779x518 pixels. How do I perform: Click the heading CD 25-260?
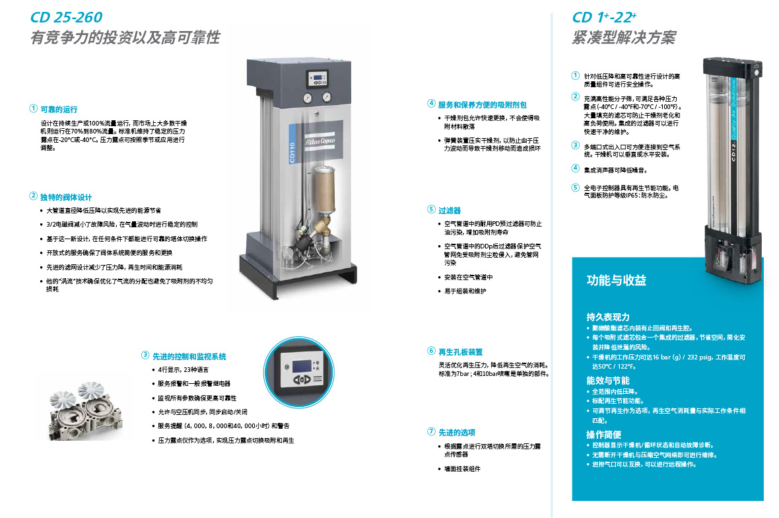66,17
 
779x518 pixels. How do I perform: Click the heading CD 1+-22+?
604,17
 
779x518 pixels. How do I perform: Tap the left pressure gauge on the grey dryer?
308,98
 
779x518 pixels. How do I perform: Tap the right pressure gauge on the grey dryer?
326,97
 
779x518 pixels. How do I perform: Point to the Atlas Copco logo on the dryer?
320,141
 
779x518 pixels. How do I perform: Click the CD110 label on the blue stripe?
292,152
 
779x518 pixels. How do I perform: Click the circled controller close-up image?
298,373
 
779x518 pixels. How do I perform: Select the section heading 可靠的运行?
59,110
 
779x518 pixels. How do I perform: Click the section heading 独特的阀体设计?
65,198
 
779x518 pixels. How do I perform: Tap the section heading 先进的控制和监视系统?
189,356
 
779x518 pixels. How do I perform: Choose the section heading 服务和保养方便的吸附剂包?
482,105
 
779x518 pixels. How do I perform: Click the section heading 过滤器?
449,211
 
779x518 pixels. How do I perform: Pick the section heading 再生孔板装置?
460,352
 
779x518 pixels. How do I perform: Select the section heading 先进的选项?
457,433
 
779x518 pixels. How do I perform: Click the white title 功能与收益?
616,280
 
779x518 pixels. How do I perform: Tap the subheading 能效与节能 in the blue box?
607,381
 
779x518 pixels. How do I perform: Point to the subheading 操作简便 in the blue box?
603,435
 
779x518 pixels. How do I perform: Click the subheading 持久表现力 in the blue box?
607,317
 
